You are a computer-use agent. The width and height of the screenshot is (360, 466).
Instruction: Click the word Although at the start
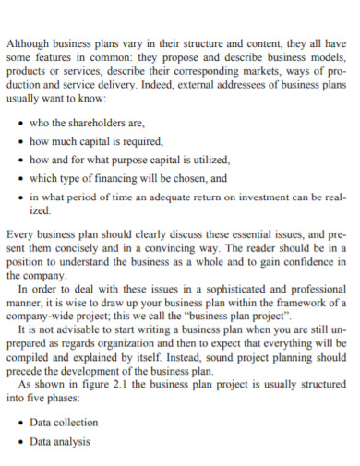pos(28,43)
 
